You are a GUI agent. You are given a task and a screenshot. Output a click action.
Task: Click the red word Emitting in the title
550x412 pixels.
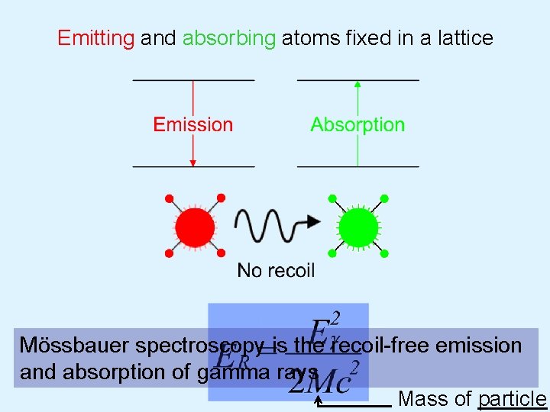[x=95, y=38]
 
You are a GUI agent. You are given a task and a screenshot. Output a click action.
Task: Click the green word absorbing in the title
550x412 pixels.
[x=228, y=38]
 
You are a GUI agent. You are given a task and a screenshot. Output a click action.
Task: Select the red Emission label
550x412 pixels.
[x=193, y=124]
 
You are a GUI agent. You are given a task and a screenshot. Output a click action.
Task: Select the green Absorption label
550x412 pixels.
[x=357, y=124]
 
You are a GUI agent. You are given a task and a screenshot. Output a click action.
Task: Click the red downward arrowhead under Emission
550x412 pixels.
[x=193, y=162]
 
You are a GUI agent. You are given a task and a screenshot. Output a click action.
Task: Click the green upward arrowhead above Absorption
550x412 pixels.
[x=357, y=84]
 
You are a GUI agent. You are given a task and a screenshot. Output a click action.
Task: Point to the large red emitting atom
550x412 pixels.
[x=195, y=227]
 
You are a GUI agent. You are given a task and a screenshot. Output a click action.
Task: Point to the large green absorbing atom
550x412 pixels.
[x=358, y=227]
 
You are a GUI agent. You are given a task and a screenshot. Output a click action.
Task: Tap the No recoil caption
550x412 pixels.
[x=276, y=270]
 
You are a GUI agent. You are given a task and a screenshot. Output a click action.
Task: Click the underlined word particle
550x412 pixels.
[x=512, y=399]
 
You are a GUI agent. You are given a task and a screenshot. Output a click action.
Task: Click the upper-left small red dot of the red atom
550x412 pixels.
[x=169, y=199]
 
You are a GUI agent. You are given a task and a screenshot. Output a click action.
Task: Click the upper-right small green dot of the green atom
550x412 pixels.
[x=384, y=199]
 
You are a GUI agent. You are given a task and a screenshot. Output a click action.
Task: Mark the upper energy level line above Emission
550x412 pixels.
[x=193, y=79]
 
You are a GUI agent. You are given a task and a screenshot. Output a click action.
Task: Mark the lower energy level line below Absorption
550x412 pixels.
[x=357, y=166]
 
